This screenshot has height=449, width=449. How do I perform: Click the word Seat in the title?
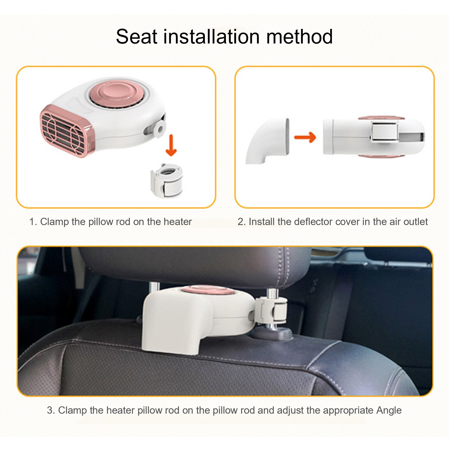[x=137, y=37]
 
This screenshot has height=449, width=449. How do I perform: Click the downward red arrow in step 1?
[x=171, y=145]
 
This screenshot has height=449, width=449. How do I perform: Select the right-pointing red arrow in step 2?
[x=305, y=137]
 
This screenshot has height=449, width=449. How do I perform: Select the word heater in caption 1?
[x=178, y=222]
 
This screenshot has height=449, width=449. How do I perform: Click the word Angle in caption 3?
[x=389, y=410]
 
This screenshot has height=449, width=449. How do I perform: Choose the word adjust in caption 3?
[x=290, y=410]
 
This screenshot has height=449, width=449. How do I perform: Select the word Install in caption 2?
[x=262, y=222]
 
